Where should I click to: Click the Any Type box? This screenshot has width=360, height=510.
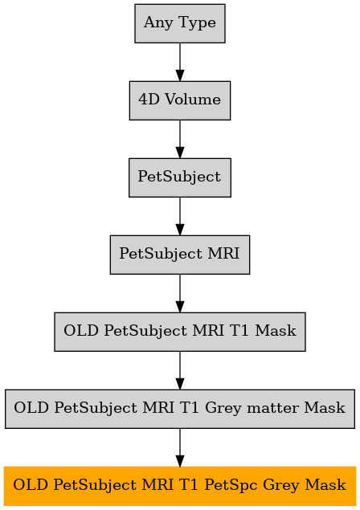180,23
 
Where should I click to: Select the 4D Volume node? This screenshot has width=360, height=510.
180,100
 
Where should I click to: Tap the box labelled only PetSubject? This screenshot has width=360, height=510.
180,177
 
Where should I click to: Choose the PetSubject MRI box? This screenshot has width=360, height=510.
180,255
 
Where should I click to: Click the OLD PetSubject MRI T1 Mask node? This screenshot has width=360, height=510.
180,332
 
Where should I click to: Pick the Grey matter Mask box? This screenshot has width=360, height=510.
180,409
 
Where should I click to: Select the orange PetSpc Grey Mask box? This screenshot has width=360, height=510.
180,486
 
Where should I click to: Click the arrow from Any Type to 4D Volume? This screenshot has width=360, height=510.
180,62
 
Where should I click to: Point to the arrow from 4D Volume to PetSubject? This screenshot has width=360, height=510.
180,139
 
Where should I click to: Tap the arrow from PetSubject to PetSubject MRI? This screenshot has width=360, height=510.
180,216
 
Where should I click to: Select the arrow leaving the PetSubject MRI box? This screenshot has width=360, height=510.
180,293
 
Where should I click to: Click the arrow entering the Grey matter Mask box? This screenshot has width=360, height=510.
180,370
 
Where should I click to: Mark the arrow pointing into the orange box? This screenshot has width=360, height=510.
180,447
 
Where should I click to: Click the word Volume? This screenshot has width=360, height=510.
193,100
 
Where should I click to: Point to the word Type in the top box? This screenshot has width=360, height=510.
197,23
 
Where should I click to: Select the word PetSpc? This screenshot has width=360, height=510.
231,486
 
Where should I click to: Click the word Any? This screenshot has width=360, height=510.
158,23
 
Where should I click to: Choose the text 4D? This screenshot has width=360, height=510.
149,100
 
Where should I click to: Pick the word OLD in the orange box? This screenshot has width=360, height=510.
31,485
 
